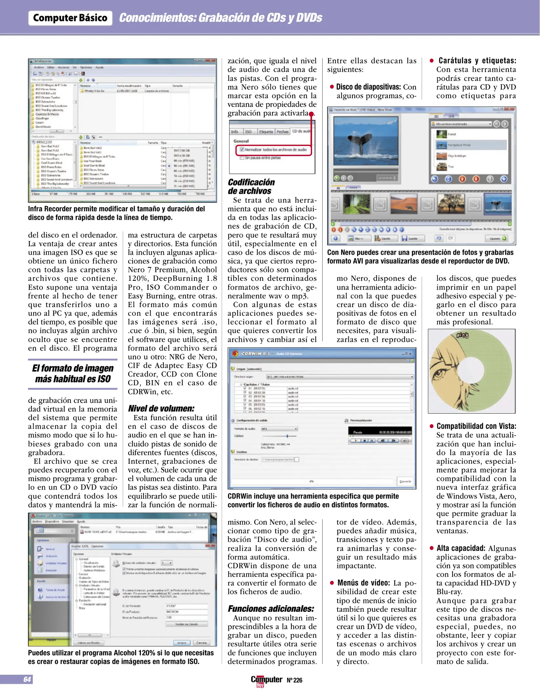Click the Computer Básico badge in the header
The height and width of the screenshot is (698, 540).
pos(70,18)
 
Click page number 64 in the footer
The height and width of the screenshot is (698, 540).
pos(27,679)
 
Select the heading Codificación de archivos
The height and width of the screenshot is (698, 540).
pos(251,186)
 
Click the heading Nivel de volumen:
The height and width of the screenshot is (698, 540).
pos(161,408)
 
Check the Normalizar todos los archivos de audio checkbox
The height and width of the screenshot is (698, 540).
pos(242,150)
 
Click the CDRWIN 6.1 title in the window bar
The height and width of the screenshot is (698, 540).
pos(255,354)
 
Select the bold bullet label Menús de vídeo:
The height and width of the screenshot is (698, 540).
pos(363,583)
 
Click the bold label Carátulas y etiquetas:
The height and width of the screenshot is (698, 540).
pos(477,60)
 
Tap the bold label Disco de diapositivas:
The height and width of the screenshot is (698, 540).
pos(368,87)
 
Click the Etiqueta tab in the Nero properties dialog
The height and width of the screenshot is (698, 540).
pos(266,132)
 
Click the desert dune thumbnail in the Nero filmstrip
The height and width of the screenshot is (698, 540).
pos(403,204)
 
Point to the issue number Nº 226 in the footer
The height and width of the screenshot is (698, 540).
pos(294,680)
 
